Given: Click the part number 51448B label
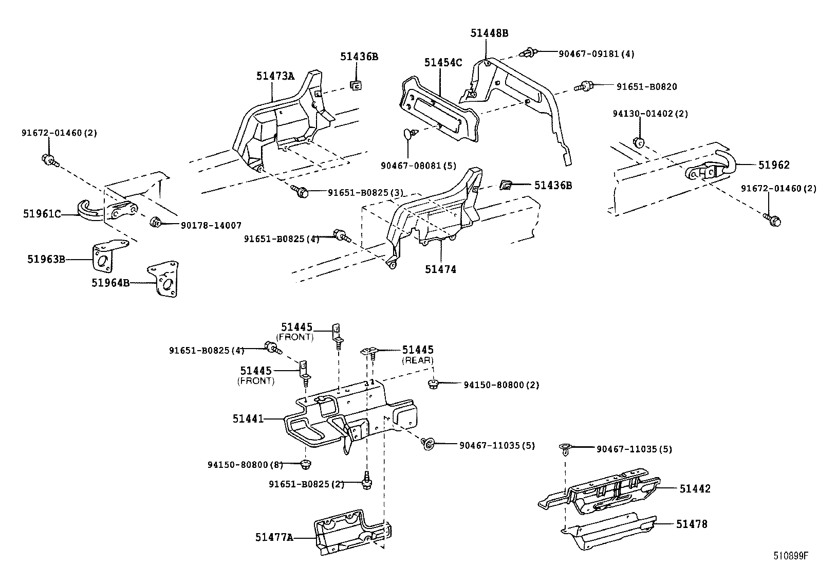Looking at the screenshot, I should (x=489, y=33).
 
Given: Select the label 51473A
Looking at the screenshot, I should (x=275, y=76).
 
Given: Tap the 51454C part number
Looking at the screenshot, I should (x=443, y=63).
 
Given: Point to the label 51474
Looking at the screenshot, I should (x=440, y=269).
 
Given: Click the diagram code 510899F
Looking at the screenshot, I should (x=791, y=556).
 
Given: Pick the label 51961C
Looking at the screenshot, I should (x=42, y=213).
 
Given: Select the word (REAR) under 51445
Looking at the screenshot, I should (x=418, y=360).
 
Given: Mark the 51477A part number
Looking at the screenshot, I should (x=274, y=537).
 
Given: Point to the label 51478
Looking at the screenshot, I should (x=692, y=524).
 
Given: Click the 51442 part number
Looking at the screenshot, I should (x=695, y=488).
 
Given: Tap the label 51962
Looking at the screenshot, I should (x=774, y=165).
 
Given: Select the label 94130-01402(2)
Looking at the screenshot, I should (x=650, y=114).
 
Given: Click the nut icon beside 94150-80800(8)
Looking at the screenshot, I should (x=306, y=465).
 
